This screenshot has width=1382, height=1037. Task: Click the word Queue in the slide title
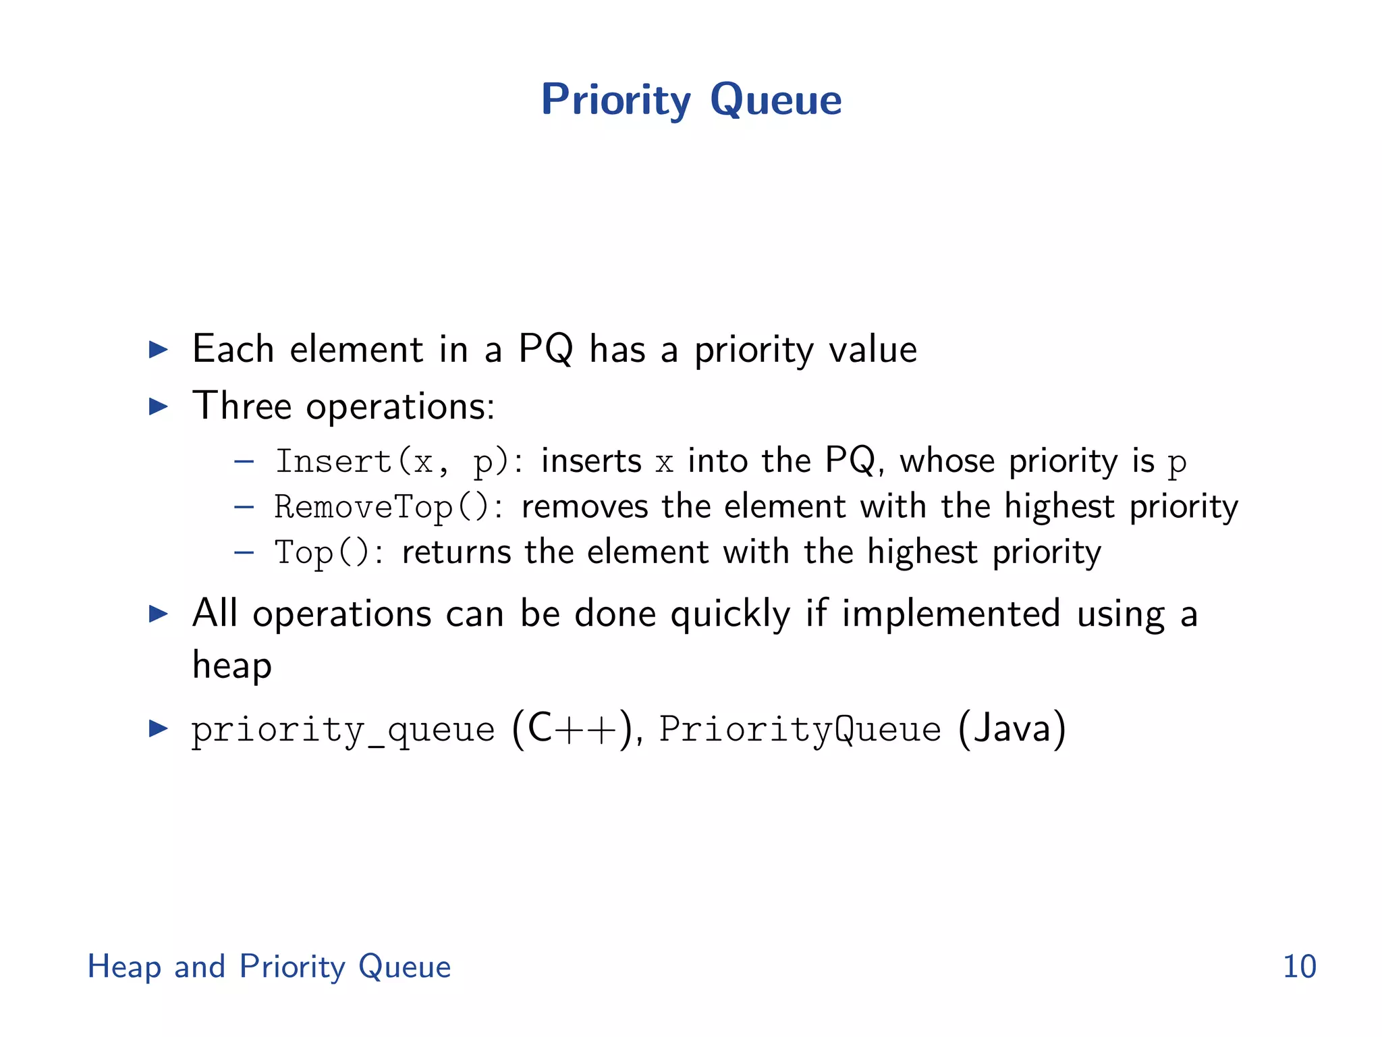pyautogui.click(x=775, y=100)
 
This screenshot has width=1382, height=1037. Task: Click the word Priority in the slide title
pyautogui.click(x=615, y=100)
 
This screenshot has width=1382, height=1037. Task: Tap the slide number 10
pyautogui.click(x=1299, y=966)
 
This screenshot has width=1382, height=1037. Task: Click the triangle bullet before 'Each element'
pyautogui.click(x=158, y=350)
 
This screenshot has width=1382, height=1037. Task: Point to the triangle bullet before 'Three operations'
pyautogui.click(x=158, y=406)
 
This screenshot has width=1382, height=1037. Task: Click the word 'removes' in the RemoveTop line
pyautogui.click(x=584, y=507)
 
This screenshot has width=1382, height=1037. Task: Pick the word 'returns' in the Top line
pyautogui.click(x=456, y=553)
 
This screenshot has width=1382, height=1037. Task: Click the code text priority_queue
pyautogui.click(x=343, y=730)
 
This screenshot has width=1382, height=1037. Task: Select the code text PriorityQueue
pyautogui.click(x=800, y=730)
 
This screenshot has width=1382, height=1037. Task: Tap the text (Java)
pyautogui.click(x=1012, y=729)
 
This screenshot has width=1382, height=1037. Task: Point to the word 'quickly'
pyautogui.click(x=730, y=615)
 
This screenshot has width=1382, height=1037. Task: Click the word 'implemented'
pyautogui.click(x=951, y=614)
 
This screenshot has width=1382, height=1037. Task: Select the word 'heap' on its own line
pyautogui.click(x=232, y=666)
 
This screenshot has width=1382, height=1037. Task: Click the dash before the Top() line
pyautogui.click(x=244, y=553)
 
